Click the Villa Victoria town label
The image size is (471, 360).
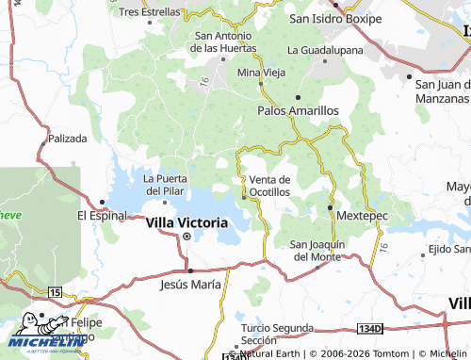coord(187,222)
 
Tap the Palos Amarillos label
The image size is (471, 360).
coord(298,110)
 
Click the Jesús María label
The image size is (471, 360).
coord(191,283)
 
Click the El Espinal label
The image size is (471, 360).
coord(101,215)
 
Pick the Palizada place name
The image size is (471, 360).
coord(65,138)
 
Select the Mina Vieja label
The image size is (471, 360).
coord(260,72)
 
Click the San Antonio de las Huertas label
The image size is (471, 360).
coord(226,41)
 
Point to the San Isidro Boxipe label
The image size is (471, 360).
coord(336,17)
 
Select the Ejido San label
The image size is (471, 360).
coord(448,249)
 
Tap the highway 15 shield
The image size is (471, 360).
coord(56,294)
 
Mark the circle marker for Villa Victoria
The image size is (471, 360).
coord(187,237)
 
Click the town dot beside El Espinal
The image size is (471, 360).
coord(101,201)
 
